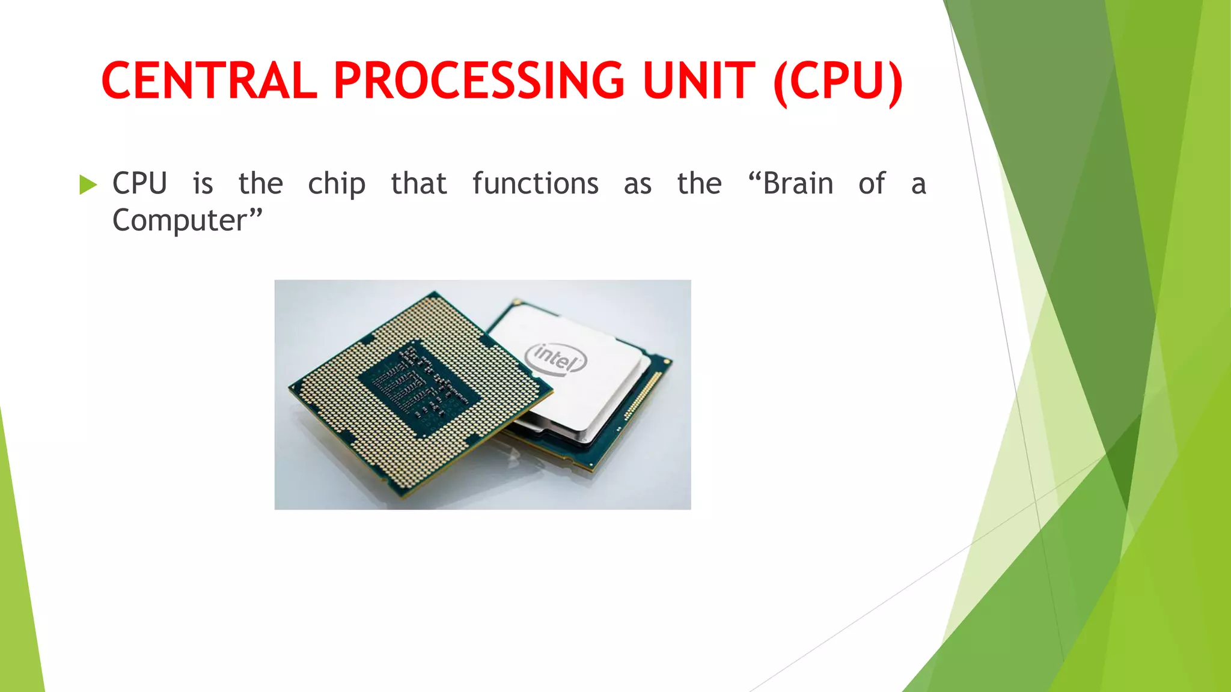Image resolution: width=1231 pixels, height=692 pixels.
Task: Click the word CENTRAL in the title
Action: point(209,81)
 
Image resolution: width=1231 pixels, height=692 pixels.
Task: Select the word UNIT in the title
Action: point(699,81)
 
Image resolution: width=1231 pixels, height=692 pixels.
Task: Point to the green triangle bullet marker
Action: point(88,184)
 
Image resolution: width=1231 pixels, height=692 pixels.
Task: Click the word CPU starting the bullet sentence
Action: point(139,183)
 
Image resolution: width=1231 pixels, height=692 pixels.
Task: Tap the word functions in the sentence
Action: point(535,183)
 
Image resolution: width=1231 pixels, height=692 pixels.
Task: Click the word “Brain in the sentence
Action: point(790,183)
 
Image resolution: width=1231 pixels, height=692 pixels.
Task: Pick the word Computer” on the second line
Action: point(188,220)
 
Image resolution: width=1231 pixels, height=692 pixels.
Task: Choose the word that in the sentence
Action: point(419,183)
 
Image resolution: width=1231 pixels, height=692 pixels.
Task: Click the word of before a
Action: point(872,183)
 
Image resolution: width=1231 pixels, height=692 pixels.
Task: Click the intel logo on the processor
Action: point(555,359)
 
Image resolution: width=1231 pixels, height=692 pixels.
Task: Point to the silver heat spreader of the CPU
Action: point(595,384)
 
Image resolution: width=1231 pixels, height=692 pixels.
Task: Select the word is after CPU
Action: point(203,183)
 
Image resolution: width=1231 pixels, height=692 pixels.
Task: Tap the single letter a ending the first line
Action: point(918,184)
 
